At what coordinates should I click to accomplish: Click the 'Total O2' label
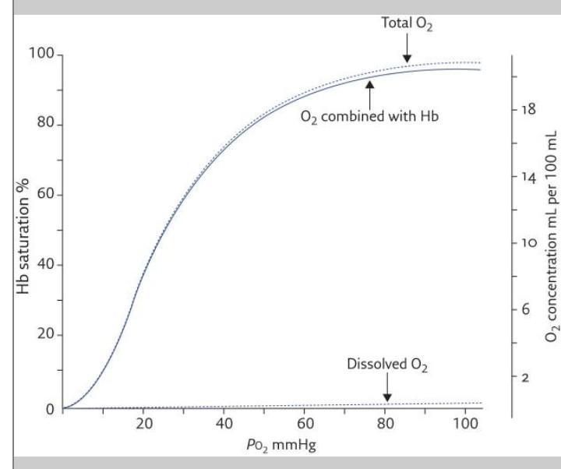[406, 24]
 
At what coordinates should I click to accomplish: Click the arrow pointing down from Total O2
[406, 49]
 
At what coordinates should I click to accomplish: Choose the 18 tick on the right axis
[527, 110]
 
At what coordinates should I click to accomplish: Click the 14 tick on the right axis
[527, 178]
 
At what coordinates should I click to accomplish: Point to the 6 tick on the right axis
[527, 310]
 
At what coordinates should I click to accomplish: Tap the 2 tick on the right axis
[527, 378]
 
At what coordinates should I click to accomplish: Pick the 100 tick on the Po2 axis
[464, 425]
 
